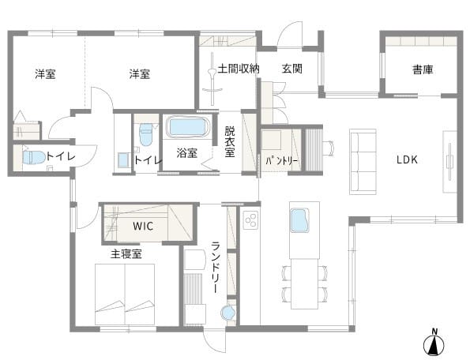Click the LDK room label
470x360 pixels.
(x=407, y=159)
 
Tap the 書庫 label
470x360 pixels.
(x=423, y=69)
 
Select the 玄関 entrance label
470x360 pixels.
(x=291, y=69)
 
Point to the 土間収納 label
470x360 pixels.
(x=239, y=69)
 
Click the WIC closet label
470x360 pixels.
(x=143, y=226)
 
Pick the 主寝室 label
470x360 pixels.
(x=126, y=254)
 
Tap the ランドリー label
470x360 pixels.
(x=216, y=268)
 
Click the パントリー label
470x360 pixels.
(x=282, y=161)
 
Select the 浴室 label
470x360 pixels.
(x=186, y=153)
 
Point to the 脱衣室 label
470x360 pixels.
(x=230, y=141)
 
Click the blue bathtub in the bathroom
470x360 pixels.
(x=188, y=127)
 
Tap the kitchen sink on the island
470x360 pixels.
(x=299, y=220)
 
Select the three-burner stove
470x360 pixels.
(x=251, y=219)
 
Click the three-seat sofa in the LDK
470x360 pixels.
(x=363, y=162)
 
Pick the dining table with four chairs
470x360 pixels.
(x=304, y=283)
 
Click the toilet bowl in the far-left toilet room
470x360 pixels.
(x=33, y=157)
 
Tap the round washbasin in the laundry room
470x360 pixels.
(x=228, y=313)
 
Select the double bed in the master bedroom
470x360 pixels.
(x=125, y=294)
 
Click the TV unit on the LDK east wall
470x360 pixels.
(x=449, y=162)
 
